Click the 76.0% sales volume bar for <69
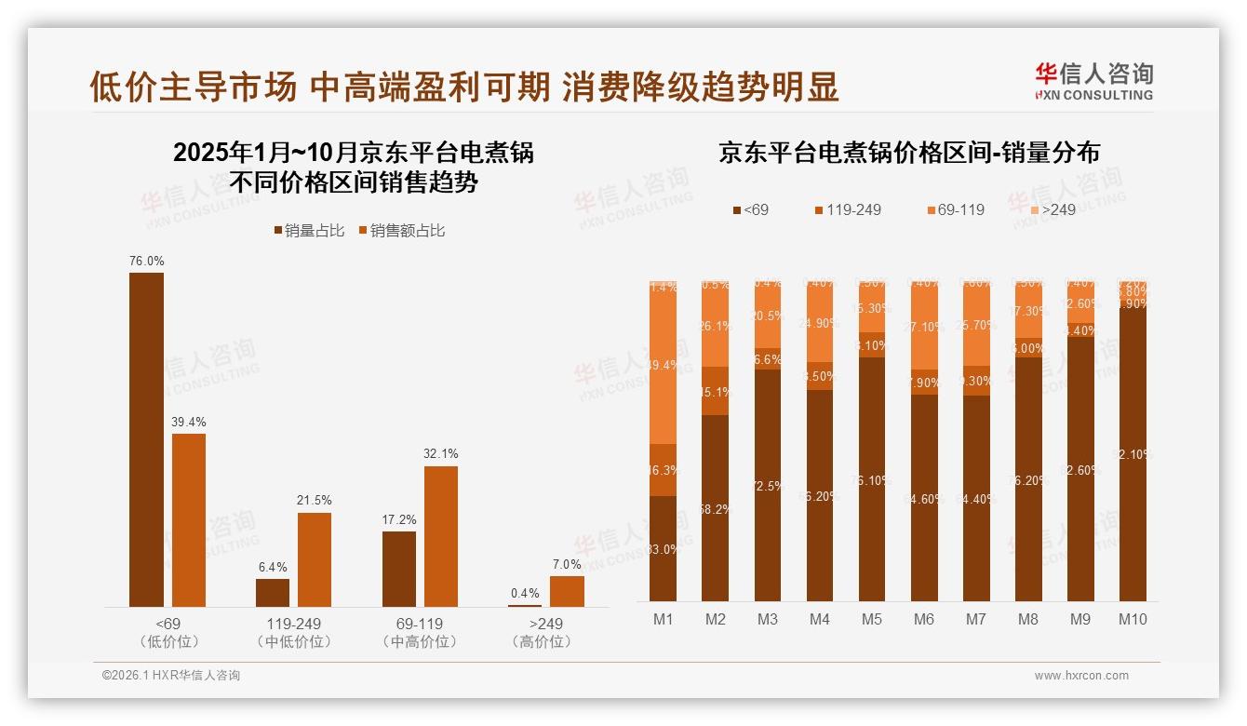146,439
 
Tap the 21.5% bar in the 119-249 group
315,559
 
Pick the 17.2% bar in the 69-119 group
399,569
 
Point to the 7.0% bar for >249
567,591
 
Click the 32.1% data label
441,454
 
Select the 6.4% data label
273,567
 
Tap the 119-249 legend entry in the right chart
846,209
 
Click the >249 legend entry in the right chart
1051,209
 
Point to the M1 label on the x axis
663,619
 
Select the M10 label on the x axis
1133,619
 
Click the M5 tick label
871,619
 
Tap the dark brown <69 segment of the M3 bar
768,485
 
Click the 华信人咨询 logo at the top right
1093,80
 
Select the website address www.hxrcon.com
1081,676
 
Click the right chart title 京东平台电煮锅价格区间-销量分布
908,153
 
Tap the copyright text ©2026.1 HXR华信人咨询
171,676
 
